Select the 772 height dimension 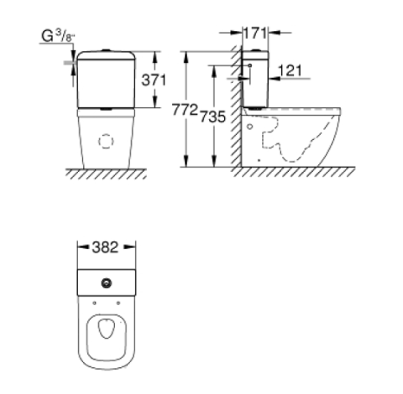(x=185, y=110)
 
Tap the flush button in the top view (x=107, y=283)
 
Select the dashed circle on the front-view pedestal (x=105, y=142)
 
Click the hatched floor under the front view (x=105, y=175)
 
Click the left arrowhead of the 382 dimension (x=80, y=248)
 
